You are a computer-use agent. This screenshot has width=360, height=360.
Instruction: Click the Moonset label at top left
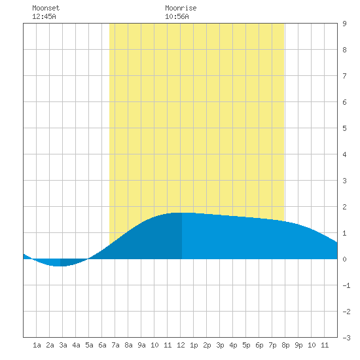pyautogui.click(x=46, y=8)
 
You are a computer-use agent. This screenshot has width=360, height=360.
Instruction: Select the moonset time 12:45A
pyautogui.click(x=44, y=16)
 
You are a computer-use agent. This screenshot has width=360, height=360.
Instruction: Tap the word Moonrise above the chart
pyautogui.click(x=181, y=8)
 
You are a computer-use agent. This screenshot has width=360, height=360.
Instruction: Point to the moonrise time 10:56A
pyautogui.click(x=177, y=16)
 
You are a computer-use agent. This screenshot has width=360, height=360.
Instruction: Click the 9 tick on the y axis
pyautogui.click(x=344, y=24)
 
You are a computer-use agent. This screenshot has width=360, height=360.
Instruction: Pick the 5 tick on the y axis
pyautogui.click(x=344, y=128)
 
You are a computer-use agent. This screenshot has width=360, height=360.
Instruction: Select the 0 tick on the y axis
pyautogui.click(x=344, y=259)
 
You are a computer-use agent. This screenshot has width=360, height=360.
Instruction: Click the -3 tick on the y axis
pyautogui.click(x=346, y=338)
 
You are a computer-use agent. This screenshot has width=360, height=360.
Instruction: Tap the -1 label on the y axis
pyautogui.click(x=346, y=285)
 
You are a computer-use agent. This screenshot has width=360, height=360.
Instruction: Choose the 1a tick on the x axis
pyautogui.click(x=37, y=345)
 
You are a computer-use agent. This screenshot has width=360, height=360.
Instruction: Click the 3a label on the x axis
pyautogui.click(x=63, y=345)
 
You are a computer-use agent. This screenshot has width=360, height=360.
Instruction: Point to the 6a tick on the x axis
pyautogui.click(x=102, y=345)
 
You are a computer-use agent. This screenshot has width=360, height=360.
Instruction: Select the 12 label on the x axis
pyautogui.click(x=181, y=345)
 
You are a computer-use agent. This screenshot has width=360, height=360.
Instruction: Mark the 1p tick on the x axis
pyautogui.click(x=194, y=345)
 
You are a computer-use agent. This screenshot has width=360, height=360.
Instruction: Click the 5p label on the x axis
pyautogui.click(x=246, y=345)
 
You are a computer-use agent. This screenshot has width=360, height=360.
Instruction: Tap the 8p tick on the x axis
pyautogui.click(x=285, y=345)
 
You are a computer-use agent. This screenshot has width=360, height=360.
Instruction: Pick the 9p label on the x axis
pyautogui.click(x=298, y=345)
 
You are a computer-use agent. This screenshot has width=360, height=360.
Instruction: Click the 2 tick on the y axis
pyautogui.click(x=344, y=207)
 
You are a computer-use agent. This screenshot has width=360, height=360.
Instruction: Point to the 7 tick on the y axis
pyautogui.click(x=344, y=76)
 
